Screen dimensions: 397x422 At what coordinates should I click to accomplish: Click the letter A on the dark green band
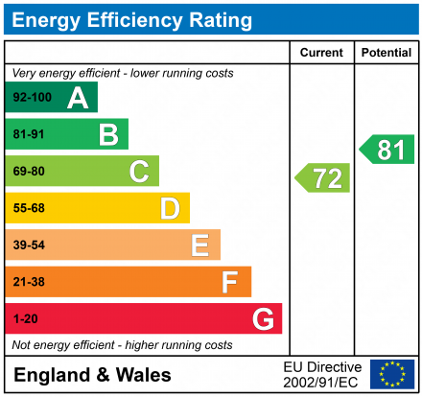coord(78,98)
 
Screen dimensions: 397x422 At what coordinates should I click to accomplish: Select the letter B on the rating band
coord(108,134)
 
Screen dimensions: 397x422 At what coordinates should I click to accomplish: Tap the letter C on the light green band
coord(139,172)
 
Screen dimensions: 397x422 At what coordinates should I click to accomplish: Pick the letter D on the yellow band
coord(170,208)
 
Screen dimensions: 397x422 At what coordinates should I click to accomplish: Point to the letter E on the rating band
coord(199,245)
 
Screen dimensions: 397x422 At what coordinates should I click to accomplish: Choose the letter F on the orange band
coord(230,282)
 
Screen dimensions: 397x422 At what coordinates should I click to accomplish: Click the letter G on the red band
coord(262,318)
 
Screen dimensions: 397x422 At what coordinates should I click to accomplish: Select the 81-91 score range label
coord(28,135)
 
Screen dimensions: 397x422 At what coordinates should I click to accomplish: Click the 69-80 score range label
coord(28,172)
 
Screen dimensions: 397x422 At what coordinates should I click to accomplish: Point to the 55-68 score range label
coord(28,208)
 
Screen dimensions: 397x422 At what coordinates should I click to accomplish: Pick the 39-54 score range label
coord(28,245)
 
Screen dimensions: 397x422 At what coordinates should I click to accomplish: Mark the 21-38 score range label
coord(28,282)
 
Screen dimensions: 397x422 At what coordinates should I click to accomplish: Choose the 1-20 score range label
coord(24,318)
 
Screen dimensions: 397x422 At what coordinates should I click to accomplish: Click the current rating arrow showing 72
coord(323,177)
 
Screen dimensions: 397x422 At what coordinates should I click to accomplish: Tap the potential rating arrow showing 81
coord(387,150)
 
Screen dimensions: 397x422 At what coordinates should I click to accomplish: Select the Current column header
coord(322,53)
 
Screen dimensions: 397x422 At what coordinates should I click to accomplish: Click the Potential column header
coord(387,53)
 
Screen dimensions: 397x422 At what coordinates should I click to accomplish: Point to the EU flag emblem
coord(392,374)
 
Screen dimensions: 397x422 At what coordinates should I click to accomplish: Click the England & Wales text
coord(93,375)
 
